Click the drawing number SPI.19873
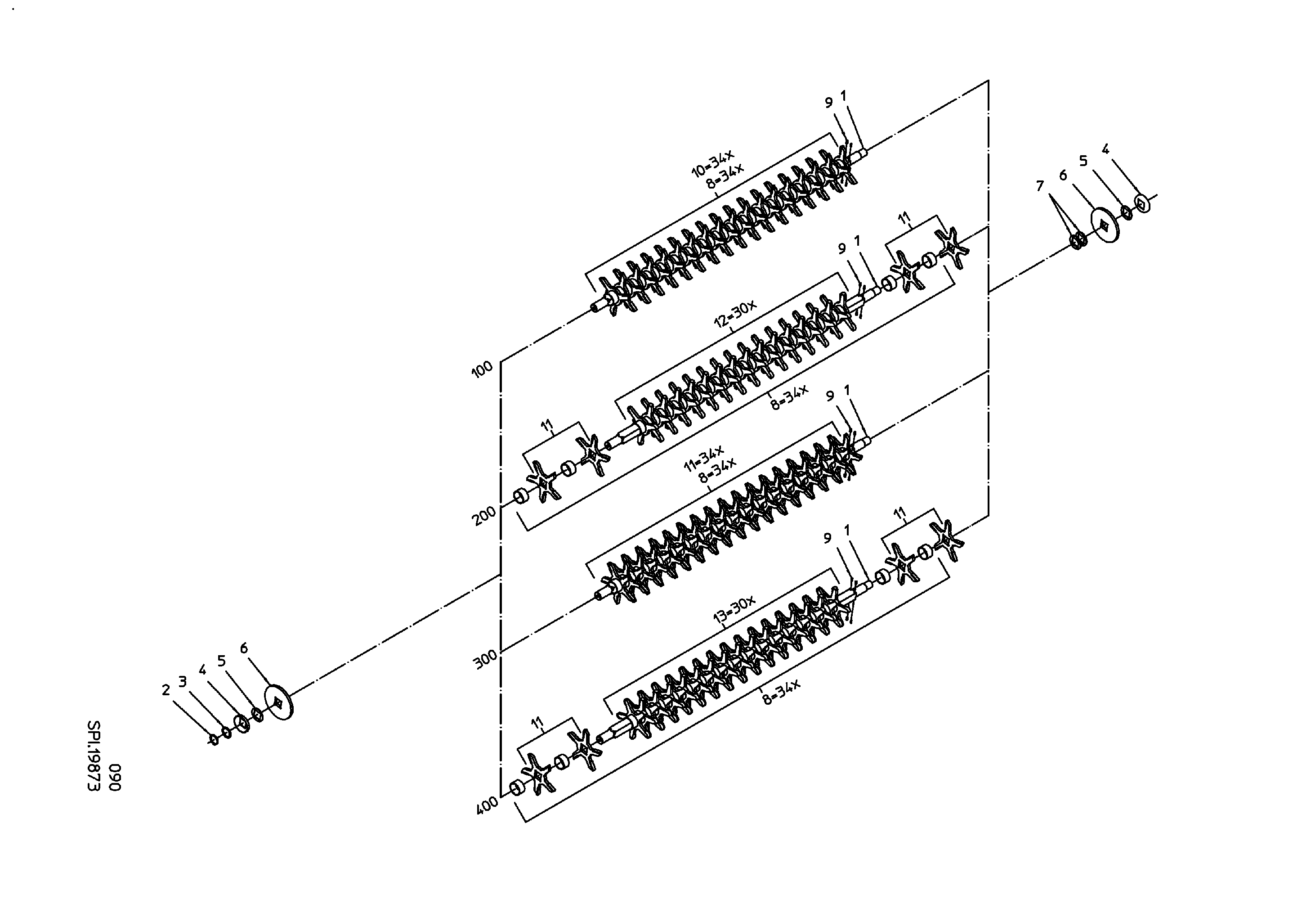(x=94, y=756)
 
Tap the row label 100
(x=482, y=369)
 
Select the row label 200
(x=484, y=515)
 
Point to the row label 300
(x=486, y=659)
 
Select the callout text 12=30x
(x=735, y=314)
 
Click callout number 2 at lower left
(x=166, y=689)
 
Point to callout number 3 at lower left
(x=182, y=682)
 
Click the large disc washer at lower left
(x=280, y=702)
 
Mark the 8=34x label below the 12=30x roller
(x=790, y=398)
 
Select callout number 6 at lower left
(x=244, y=648)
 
